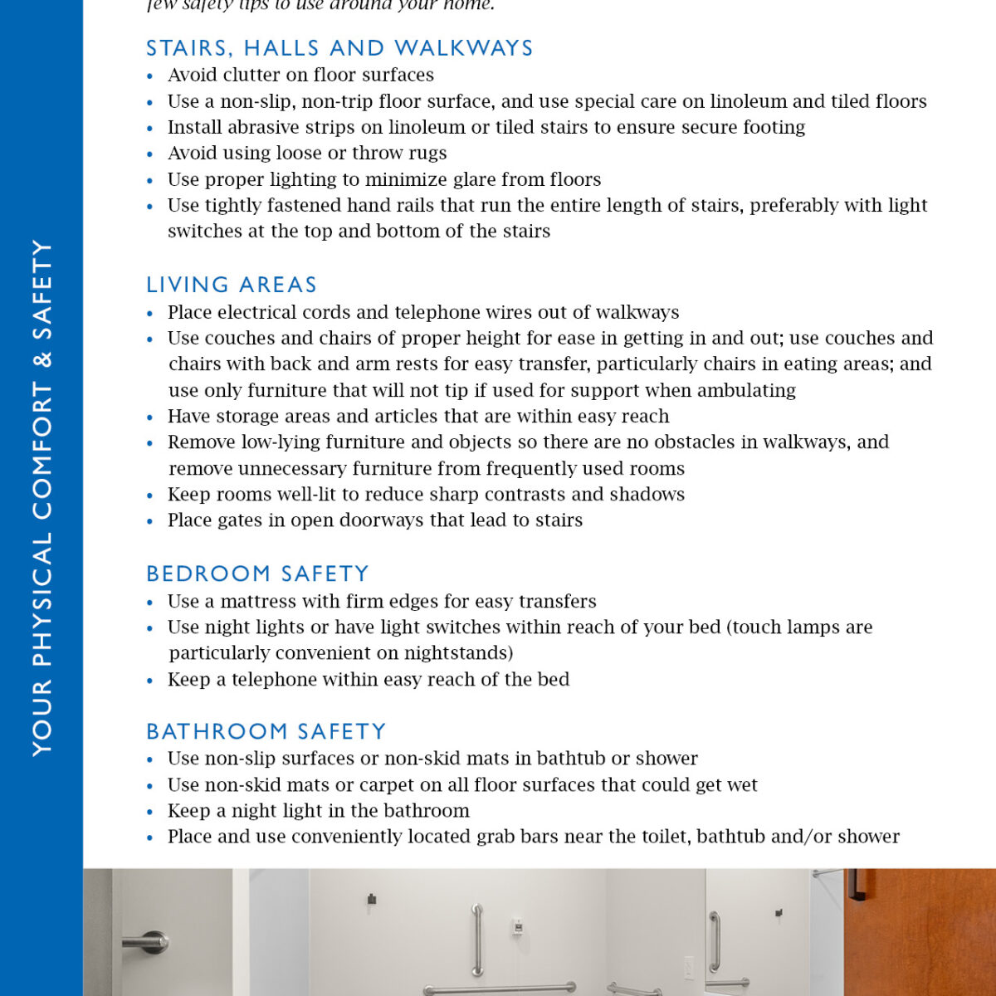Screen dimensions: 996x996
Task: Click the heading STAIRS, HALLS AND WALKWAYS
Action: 339,48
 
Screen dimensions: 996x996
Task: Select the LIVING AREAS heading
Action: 232,285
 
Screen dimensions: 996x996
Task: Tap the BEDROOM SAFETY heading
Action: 257,574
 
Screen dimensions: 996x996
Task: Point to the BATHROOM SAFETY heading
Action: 266,731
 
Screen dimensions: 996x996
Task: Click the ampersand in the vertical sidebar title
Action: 41,359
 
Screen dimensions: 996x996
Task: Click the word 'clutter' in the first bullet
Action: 249,75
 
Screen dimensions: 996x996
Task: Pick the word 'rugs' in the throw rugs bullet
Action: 428,153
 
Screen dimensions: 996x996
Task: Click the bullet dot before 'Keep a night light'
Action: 150,812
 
